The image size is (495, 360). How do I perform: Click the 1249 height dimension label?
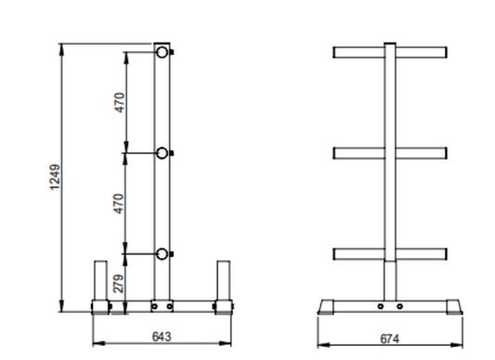pyautogui.click(x=55, y=176)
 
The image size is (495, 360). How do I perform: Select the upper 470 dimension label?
pyautogui.click(x=120, y=102)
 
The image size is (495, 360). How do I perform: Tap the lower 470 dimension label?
pyautogui.click(x=119, y=203)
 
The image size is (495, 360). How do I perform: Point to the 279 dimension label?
pyautogui.click(x=119, y=284)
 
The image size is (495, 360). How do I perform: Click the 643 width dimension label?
pyautogui.click(x=162, y=337)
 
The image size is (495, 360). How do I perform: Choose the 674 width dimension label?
pyautogui.click(x=389, y=339)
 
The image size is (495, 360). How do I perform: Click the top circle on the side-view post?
pyautogui.click(x=163, y=52)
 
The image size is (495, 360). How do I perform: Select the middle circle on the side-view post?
pyautogui.click(x=163, y=153)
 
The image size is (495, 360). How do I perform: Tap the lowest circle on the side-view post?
pyautogui.click(x=163, y=254)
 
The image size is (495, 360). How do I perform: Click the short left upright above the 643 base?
pyautogui.click(x=100, y=280)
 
